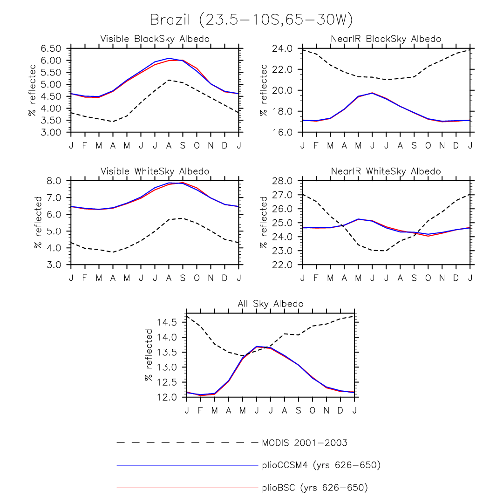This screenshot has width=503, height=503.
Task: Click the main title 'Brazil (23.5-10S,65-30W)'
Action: (251, 20)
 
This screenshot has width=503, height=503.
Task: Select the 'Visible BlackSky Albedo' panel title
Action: (155, 39)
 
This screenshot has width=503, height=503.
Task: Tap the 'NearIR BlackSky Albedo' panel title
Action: (386, 39)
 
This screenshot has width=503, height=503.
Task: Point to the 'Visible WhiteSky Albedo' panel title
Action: (155, 171)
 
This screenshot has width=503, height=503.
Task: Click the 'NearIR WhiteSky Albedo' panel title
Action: (386, 171)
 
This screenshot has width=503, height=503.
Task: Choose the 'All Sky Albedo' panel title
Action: (271, 304)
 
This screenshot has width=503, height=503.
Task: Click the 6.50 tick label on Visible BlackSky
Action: (51, 48)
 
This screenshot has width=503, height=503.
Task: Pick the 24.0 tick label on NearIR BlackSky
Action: (283, 48)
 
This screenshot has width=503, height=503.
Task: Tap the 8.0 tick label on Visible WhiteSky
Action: (55, 181)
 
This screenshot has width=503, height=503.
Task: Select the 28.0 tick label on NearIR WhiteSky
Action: (283, 181)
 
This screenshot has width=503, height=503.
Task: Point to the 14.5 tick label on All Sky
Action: (167, 322)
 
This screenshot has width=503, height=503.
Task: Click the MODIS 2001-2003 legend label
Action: (305, 443)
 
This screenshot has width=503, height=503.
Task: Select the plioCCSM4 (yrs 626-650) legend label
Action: (321, 465)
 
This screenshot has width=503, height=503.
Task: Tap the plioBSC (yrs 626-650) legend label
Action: (315, 488)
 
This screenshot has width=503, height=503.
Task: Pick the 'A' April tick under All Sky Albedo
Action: (229, 410)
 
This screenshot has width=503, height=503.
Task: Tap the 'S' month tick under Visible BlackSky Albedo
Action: (183, 145)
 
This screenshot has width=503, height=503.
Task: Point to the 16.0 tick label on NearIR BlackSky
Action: (283, 132)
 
